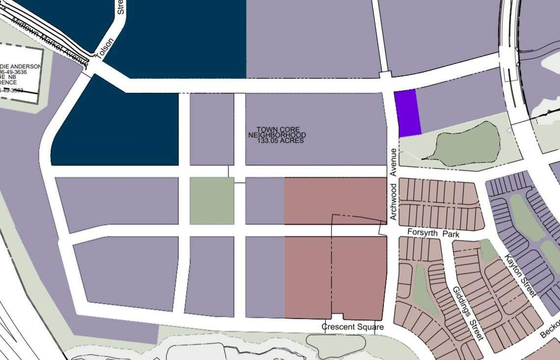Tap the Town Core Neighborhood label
(x=278, y=132)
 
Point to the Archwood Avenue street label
(x=393, y=184)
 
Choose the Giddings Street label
(x=468, y=313)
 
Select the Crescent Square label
(x=352, y=327)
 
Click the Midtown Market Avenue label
(x=49, y=42)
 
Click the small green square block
(x=212, y=200)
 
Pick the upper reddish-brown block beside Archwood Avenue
(x=336, y=200)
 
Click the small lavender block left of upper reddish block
(x=264, y=200)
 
